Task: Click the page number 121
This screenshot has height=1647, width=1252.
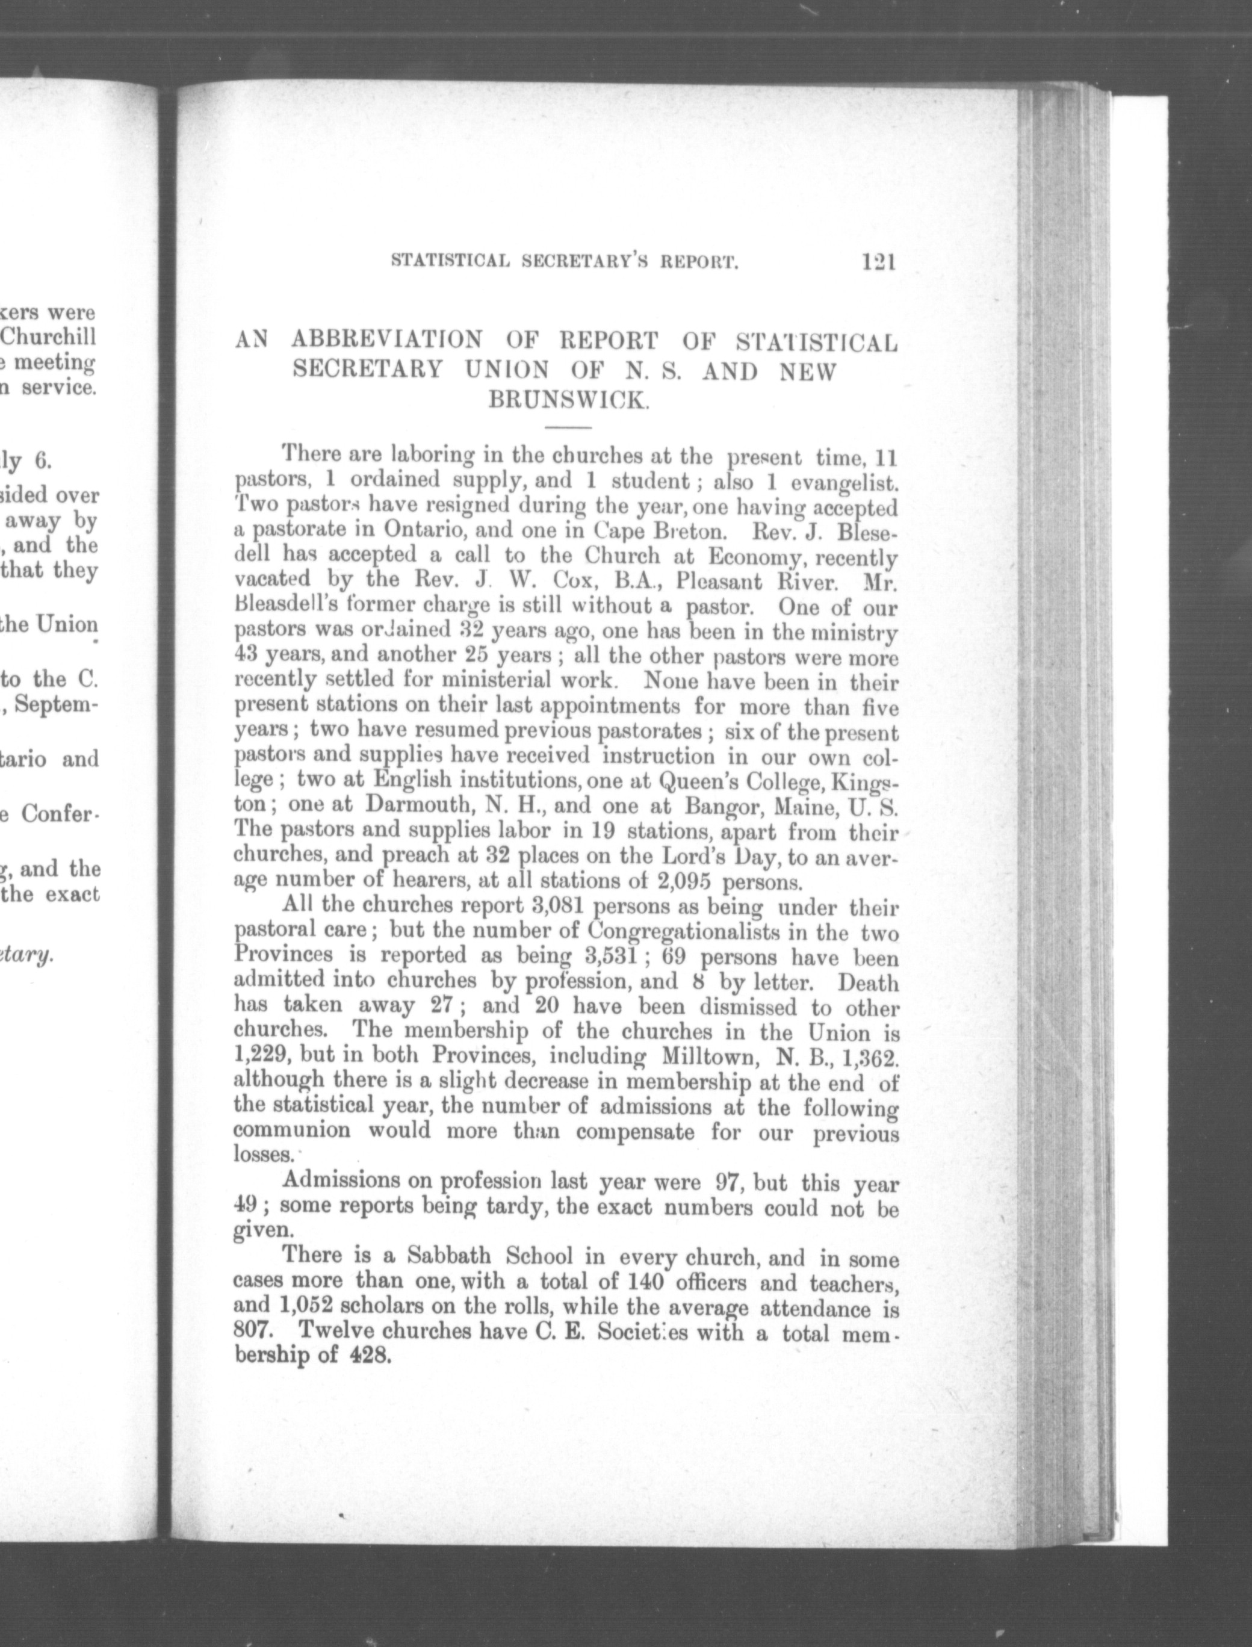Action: pyautogui.click(x=877, y=262)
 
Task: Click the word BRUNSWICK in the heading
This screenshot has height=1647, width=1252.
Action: pyautogui.click(x=569, y=400)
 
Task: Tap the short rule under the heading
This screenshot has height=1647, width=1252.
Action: pyautogui.click(x=568, y=428)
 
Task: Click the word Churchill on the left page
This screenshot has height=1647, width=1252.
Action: pyautogui.click(x=50, y=337)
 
